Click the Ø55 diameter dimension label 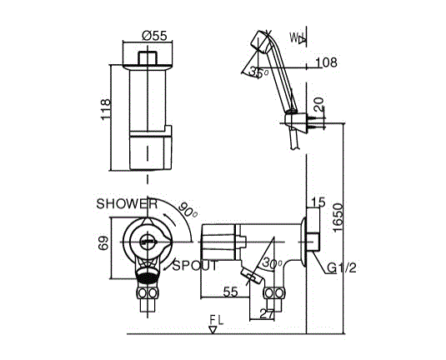[154, 36]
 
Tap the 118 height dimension [105, 109]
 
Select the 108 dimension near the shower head [326, 62]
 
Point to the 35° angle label [258, 72]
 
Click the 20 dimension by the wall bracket [318, 104]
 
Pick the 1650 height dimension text [338, 217]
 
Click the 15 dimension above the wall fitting [318, 202]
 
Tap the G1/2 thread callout [341, 267]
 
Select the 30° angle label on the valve [272, 263]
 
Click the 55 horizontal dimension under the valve [230, 292]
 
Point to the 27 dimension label [267, 314]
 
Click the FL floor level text [217, 320]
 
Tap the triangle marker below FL [213, 330]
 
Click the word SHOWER [127, 204]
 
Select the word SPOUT [195, 266]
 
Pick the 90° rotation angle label [188, 211]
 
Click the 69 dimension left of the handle [103, 243]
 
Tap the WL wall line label [298, 37]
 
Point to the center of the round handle [148, 242]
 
